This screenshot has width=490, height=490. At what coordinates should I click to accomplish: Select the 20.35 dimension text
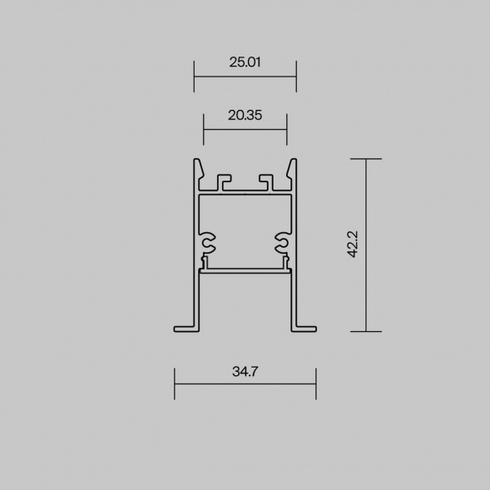click(245, 116)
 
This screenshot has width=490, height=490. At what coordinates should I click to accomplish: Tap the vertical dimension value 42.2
click(352, 245)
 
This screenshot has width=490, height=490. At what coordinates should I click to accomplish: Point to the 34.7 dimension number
click(245, 372)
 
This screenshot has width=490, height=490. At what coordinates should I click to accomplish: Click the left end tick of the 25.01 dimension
click(194, 77)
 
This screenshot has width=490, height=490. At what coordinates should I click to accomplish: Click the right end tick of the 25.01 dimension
click(296, 77)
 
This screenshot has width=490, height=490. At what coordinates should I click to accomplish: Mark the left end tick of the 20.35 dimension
click(204, 130)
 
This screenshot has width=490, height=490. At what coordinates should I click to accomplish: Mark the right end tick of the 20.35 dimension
click(287, 130)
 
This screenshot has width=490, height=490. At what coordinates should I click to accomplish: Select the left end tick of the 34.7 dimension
click(175, 384)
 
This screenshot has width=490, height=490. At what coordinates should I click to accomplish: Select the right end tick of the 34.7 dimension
click(316, 384)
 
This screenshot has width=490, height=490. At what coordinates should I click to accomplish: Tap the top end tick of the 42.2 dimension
click(366, 158)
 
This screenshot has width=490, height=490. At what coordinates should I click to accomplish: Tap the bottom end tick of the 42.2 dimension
click(366, 331)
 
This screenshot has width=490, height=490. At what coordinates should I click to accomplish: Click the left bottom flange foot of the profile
click(185, 324)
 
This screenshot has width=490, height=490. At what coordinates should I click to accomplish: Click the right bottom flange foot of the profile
click(305, 324)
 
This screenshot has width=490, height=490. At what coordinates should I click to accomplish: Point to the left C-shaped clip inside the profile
click(206, 243)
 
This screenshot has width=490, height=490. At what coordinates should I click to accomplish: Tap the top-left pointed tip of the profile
click(197, 161)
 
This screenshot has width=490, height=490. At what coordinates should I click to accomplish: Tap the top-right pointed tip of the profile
click(293, 161)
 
